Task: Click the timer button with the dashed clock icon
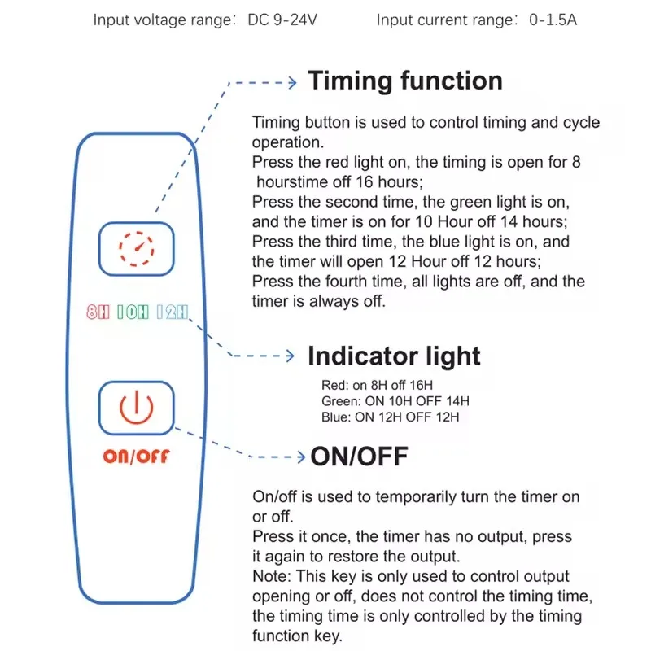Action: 136,249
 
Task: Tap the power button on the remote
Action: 136,408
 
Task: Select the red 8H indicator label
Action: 98,312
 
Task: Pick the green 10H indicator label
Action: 133,312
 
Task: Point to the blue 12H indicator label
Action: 173,312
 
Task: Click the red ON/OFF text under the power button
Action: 136,457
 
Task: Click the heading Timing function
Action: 405,81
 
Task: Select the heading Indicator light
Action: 394,356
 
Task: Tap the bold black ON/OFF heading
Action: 359,457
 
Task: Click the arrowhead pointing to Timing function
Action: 293,83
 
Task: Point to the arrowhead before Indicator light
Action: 291,356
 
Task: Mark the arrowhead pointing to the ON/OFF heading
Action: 301,457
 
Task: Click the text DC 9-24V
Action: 282,20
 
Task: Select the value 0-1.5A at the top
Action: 553,20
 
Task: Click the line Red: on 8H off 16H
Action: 377,385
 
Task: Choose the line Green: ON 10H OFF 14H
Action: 395,401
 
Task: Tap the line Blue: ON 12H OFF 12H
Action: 391,417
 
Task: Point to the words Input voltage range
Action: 163,20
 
